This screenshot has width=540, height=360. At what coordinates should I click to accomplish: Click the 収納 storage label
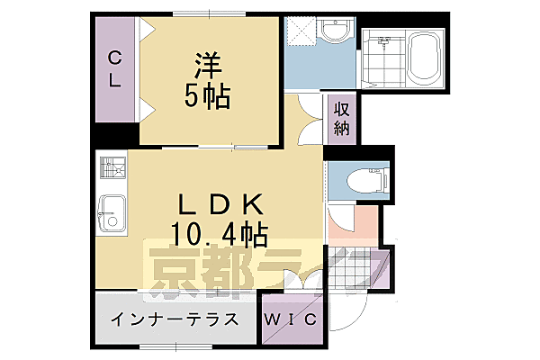[342, 118]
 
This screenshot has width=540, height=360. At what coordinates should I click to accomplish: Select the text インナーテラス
[175, 319]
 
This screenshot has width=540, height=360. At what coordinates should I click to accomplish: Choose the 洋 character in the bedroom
[208, 66]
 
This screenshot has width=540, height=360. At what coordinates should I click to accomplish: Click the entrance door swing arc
[346, 310]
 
